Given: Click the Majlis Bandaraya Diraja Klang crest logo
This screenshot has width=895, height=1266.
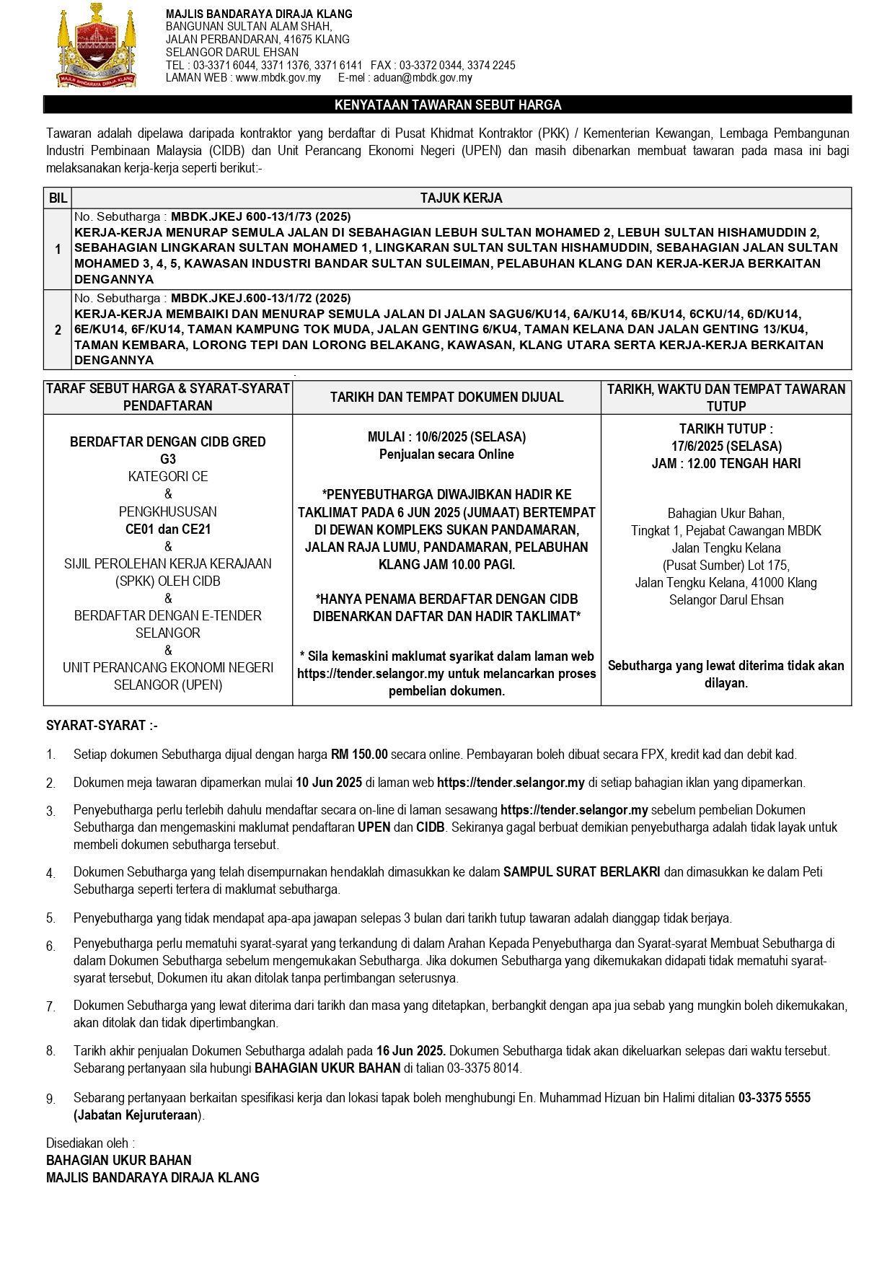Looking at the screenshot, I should [96, 46].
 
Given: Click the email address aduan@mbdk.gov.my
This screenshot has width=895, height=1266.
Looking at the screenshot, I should [423, 78].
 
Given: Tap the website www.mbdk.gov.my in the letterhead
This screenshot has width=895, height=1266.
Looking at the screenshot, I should [278, 78].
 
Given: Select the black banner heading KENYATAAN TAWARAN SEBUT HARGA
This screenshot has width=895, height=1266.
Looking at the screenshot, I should [447, 105].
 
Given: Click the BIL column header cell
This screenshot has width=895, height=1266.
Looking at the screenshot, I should [58, 198].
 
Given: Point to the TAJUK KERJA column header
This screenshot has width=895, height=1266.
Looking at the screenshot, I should [461, 198].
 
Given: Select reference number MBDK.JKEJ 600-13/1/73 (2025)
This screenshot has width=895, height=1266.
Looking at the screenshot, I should [260, 216].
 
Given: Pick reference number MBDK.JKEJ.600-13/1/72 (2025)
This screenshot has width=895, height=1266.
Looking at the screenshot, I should [260, 298].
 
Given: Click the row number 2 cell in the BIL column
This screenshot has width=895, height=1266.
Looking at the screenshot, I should [58, 330].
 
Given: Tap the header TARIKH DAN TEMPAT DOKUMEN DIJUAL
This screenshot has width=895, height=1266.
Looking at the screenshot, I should [446, 397].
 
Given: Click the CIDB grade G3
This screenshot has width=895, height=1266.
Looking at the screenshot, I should [167, 459].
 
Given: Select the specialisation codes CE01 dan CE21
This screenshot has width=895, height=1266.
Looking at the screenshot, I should [167, 529].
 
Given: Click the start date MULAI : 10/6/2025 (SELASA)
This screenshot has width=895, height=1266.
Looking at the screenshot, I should [446, 436].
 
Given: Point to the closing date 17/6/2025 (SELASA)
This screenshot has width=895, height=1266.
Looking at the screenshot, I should [726, 446].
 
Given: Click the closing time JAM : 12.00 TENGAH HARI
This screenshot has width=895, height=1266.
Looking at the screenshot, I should [726, 463].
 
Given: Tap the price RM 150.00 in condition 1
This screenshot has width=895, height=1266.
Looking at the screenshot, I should [359, 755].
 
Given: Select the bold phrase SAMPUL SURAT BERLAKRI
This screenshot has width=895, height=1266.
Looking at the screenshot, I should [581, 871].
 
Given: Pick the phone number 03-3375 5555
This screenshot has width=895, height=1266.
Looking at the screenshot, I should [774, 1097].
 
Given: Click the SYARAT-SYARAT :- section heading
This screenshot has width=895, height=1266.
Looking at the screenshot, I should [102, 725].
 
